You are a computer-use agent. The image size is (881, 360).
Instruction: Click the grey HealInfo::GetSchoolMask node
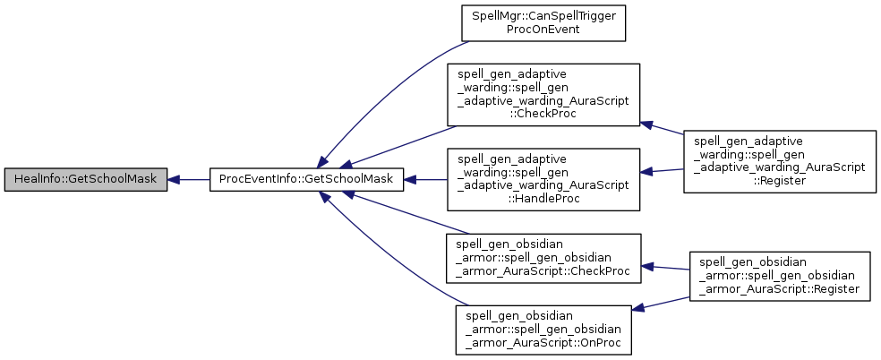click(85, 179)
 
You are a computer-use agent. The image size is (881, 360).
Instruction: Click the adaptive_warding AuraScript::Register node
click(779, 161)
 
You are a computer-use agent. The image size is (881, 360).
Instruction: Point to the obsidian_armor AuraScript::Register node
click(779, 277)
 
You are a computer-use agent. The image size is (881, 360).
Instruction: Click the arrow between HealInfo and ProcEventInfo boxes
click(188, 179)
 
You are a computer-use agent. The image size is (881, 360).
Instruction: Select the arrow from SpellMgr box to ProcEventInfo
click(385, 90)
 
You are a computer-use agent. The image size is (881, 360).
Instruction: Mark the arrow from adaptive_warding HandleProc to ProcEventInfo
click(425, 179)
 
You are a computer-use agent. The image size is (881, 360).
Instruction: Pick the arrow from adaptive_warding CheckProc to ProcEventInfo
click(403, 146)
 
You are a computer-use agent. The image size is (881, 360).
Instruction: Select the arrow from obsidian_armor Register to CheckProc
click(667, 268)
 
